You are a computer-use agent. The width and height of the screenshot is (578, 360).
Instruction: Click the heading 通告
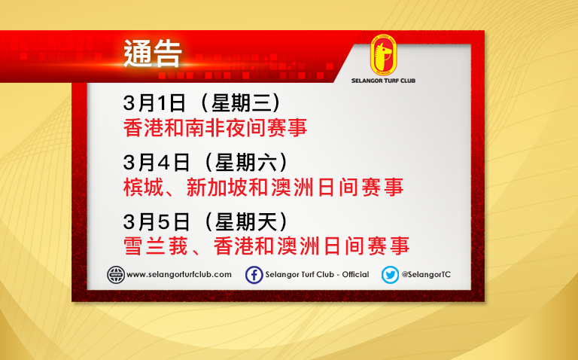pyautogui.click(x=153, y=53)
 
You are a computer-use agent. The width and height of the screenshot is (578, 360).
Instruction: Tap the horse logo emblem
pyautogui.click(x=383, y=55)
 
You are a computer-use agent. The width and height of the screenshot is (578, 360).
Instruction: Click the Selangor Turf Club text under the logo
pyautogui.click(x=383, y=81)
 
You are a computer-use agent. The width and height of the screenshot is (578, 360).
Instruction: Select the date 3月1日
pyautogui.click(x=154, y=103)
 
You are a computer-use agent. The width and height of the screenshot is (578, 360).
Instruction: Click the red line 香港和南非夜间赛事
pyautogui.click(x=215, y=127)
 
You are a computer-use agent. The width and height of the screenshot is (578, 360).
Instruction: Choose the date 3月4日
pyautogui.click(x=157, y=162)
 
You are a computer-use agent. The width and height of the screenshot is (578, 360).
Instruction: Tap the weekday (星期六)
pyautogui.click(x=246, y=162)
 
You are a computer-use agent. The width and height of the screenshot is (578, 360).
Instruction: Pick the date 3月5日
pyautogui.click(x=157, y=221)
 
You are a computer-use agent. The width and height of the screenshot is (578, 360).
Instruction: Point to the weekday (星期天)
pyautogui.click(x=246, y=221)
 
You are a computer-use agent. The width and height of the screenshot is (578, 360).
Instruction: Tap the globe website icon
pyautogui.click(x=116, y=275)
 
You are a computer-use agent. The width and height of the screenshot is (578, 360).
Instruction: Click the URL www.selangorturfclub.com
pyautogui.click(x=179, y=275)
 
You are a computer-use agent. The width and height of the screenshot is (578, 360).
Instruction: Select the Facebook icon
pyautogui.click(x=254, y=275)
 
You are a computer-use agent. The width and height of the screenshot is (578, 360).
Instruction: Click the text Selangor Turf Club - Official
pyautogui.click(x=317, y=275)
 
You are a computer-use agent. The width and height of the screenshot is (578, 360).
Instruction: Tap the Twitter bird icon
pyautogui.click(x=390, y=275)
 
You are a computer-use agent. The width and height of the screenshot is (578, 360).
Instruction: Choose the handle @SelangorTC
pyautogui.click(x=426, y=275)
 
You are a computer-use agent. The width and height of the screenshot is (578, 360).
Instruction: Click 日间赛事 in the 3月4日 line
pyautogui.click(x=360, y=187)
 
